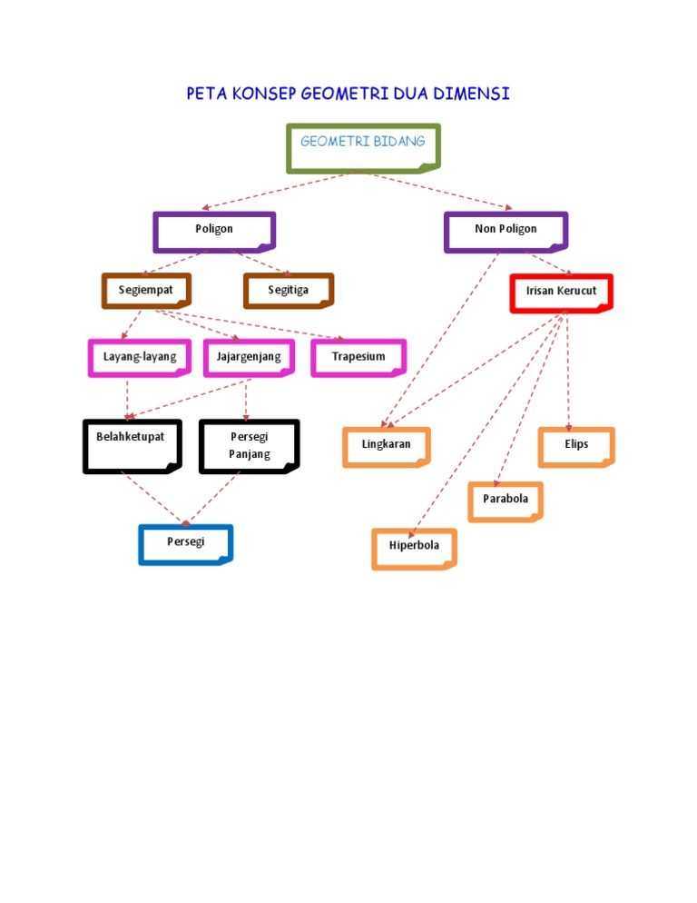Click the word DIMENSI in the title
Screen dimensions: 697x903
tap(471, 94)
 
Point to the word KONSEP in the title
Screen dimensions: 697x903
tap(263, 94)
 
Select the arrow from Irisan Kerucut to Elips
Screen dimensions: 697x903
tap(567, 372)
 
